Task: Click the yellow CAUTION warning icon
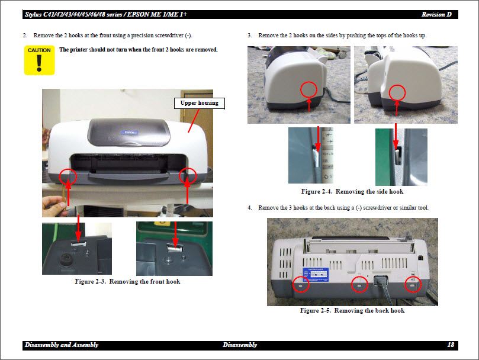coord(39,60)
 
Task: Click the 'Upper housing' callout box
coord(199,103)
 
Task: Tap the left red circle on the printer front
coord(69,176)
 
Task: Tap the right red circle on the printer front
coord(188,175)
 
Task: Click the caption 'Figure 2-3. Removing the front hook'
coord(127,281)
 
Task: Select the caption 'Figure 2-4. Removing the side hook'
coord(352,191)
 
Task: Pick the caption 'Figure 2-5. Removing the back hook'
coord(352,310)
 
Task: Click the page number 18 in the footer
coord(450,345)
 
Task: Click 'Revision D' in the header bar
coord(440,14)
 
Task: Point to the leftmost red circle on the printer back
coord(300,285)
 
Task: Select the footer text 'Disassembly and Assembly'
coord(62,345)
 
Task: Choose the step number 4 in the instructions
coord(250,208)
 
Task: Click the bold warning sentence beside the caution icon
coord(139,50)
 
